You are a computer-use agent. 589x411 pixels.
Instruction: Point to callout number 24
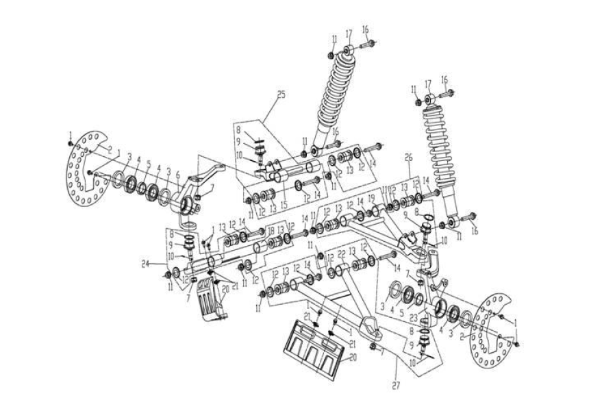[x=165, y=262]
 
